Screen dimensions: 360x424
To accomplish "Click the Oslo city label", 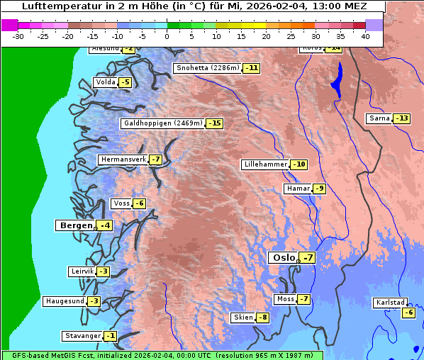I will coord(282,258).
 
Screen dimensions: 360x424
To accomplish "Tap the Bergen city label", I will coord(75,225).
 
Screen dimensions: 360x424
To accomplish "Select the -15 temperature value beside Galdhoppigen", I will coord(214,123).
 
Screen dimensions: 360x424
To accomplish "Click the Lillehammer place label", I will coord(265,164).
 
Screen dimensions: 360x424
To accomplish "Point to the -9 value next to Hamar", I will coord(319,189).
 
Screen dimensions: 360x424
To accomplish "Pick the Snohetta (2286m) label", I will coord(208,69).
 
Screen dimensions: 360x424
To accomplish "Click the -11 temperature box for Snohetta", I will coord(252,69).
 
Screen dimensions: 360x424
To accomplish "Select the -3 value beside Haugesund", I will coord(94,301).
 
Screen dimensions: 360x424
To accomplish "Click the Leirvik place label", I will coord(82,271).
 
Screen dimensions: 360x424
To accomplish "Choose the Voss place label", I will coord(121,203).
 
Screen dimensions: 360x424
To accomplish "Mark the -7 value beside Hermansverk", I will coord(155,159).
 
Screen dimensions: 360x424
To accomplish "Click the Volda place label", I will coord(105,82).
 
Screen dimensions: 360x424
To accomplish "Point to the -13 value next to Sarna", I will coord(402,118).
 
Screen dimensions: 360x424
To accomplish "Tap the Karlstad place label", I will coord(390,303).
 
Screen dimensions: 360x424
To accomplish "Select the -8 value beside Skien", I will coord(262,317).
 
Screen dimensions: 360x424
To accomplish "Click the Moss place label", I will coord(285,299).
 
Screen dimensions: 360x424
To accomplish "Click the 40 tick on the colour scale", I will coord(365,36).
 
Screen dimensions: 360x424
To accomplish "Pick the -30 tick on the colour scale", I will coord(18,36).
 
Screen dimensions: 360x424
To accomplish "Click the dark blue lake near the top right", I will coord(336,79).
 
